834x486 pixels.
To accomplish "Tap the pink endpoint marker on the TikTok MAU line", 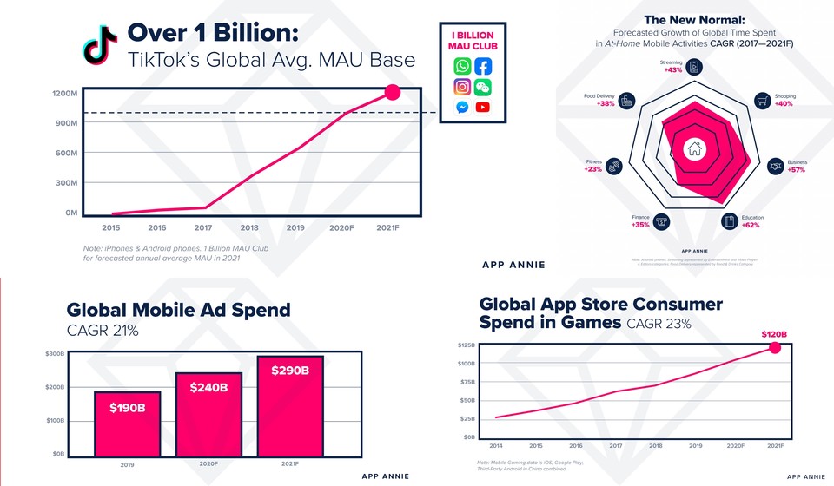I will pos(392,93).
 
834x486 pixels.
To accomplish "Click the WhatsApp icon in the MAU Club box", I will pos(461,66).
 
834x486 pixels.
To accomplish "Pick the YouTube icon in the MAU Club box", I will pos(482,108).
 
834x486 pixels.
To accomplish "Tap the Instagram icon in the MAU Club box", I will pos(461,87).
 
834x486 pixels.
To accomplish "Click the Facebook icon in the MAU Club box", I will pos(483,66).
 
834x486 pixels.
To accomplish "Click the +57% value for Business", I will pos(796,170).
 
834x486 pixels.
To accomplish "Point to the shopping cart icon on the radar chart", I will pos(762,101).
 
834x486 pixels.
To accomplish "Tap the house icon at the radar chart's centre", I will pos(694,148).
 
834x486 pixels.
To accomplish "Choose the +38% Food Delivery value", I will pos(606,102).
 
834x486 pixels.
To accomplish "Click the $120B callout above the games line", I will pos(774,333).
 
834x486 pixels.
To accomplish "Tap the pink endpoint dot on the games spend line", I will pos(775,348).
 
